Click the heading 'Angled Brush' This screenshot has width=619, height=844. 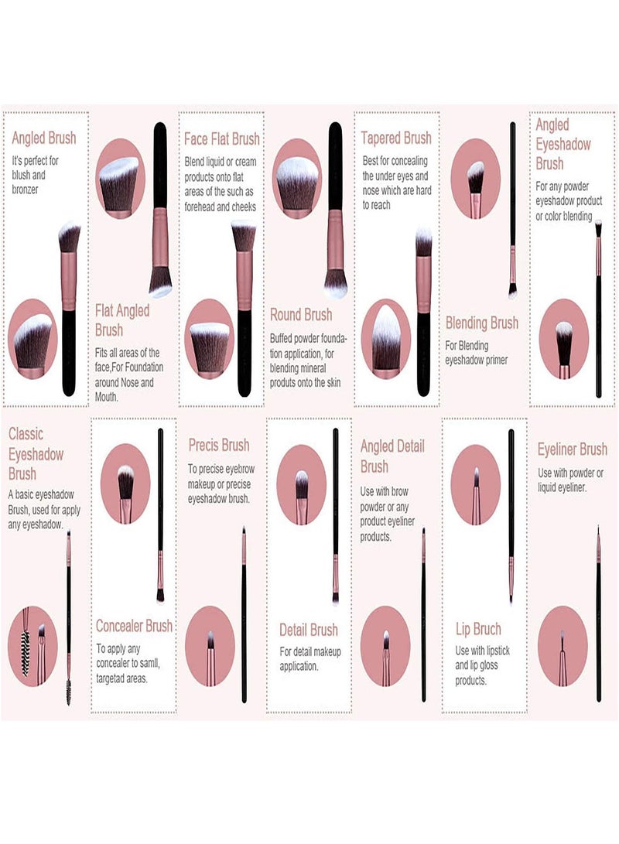click(43, 138)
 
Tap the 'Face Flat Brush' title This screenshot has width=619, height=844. click(222, 139)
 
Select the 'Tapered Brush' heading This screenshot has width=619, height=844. click(396, 138)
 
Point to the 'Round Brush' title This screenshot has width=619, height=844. click(301, 314)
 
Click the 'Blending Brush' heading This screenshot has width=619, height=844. click(482, 323)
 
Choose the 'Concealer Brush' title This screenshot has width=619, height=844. click(134, 626)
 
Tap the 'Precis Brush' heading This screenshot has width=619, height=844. click(218, 445)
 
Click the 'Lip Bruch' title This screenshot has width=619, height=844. click(478, 628)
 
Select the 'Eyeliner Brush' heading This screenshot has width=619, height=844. click(572, 449)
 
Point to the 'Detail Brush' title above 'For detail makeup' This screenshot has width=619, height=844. click(309, 629)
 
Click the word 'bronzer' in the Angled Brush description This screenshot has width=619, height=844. click(26, 190)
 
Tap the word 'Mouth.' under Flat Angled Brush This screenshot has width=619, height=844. click(107, 397)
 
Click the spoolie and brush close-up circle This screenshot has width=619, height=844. click(32, 646)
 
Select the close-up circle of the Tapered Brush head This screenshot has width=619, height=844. click(386, 339)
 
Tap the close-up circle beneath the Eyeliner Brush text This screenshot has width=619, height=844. click(563, 646)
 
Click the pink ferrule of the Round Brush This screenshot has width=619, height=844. click(335, 240)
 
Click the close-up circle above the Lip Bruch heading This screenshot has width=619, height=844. click(475, 484)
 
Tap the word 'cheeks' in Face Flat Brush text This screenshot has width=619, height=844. click(244, 207)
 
